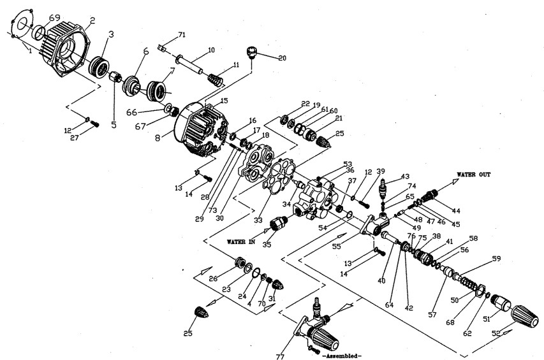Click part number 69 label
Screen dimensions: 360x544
[x=55, y=17]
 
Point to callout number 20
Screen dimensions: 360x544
[x=282, y=58]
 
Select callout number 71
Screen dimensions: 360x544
[x=181, y=34]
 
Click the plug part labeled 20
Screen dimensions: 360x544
[x=251, y=50]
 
